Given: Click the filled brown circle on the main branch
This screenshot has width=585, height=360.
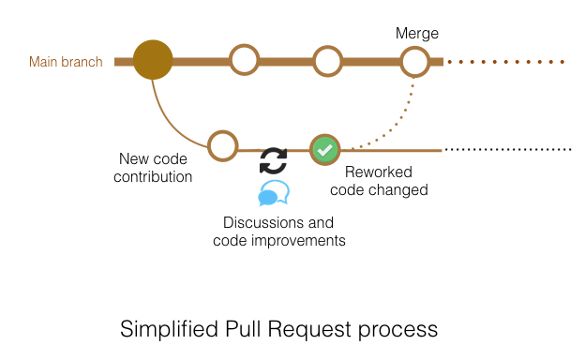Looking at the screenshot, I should point(153,61).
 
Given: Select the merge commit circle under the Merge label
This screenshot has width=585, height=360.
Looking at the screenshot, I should point(414,62).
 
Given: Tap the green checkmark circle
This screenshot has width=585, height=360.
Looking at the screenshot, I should point(324,149).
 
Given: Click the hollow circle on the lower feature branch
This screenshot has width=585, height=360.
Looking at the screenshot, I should point(222,145).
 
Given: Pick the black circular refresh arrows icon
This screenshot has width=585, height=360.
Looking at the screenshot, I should point(273,161).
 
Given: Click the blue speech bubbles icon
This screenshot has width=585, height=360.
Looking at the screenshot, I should point(273,194).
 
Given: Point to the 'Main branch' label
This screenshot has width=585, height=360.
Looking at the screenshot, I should point(66,63).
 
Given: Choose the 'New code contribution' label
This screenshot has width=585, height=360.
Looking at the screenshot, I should point(156,168).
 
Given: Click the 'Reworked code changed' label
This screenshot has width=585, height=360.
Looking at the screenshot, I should point(386,181).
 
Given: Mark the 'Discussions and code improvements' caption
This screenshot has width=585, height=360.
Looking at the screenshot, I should point(278,232).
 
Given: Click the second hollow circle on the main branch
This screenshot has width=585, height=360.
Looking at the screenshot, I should point(244,61).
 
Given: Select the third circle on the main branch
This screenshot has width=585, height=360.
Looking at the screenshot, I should point(326,62).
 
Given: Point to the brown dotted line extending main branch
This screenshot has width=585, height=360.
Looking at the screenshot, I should point(506,62).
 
